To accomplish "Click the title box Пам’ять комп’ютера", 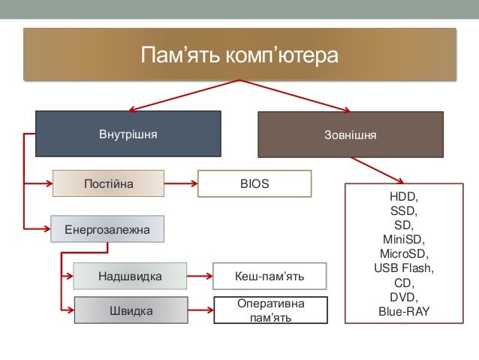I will pyautogui.click(x=240, y=56).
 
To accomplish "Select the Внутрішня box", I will pyautogui.click(x=128, y=135).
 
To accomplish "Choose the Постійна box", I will pyautogui.click(x=108, y=183).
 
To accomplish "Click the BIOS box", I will pyautogui.click(x=254, y=183).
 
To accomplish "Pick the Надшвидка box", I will pyautogui.click(x=129, y=277).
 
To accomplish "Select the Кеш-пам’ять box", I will pyautogui.click(x=270, y=277).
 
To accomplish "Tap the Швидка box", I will pyautogui.click(x=129, y=310).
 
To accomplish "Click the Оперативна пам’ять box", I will pyautogui.click(x=270, y=310).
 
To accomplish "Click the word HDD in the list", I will pyautogui.click(x=404, y=197).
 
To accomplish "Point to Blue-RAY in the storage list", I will pyautogui.click(x=404, y=311).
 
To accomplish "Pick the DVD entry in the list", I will pyautogui.click(x=404, y=297).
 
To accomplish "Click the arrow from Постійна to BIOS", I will pyautogui.click(x=180, y=183).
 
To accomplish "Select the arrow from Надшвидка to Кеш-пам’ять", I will pyautogui.click(x=200, y=277).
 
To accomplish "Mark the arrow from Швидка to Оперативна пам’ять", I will pyautogui.click(x=200, y=310).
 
